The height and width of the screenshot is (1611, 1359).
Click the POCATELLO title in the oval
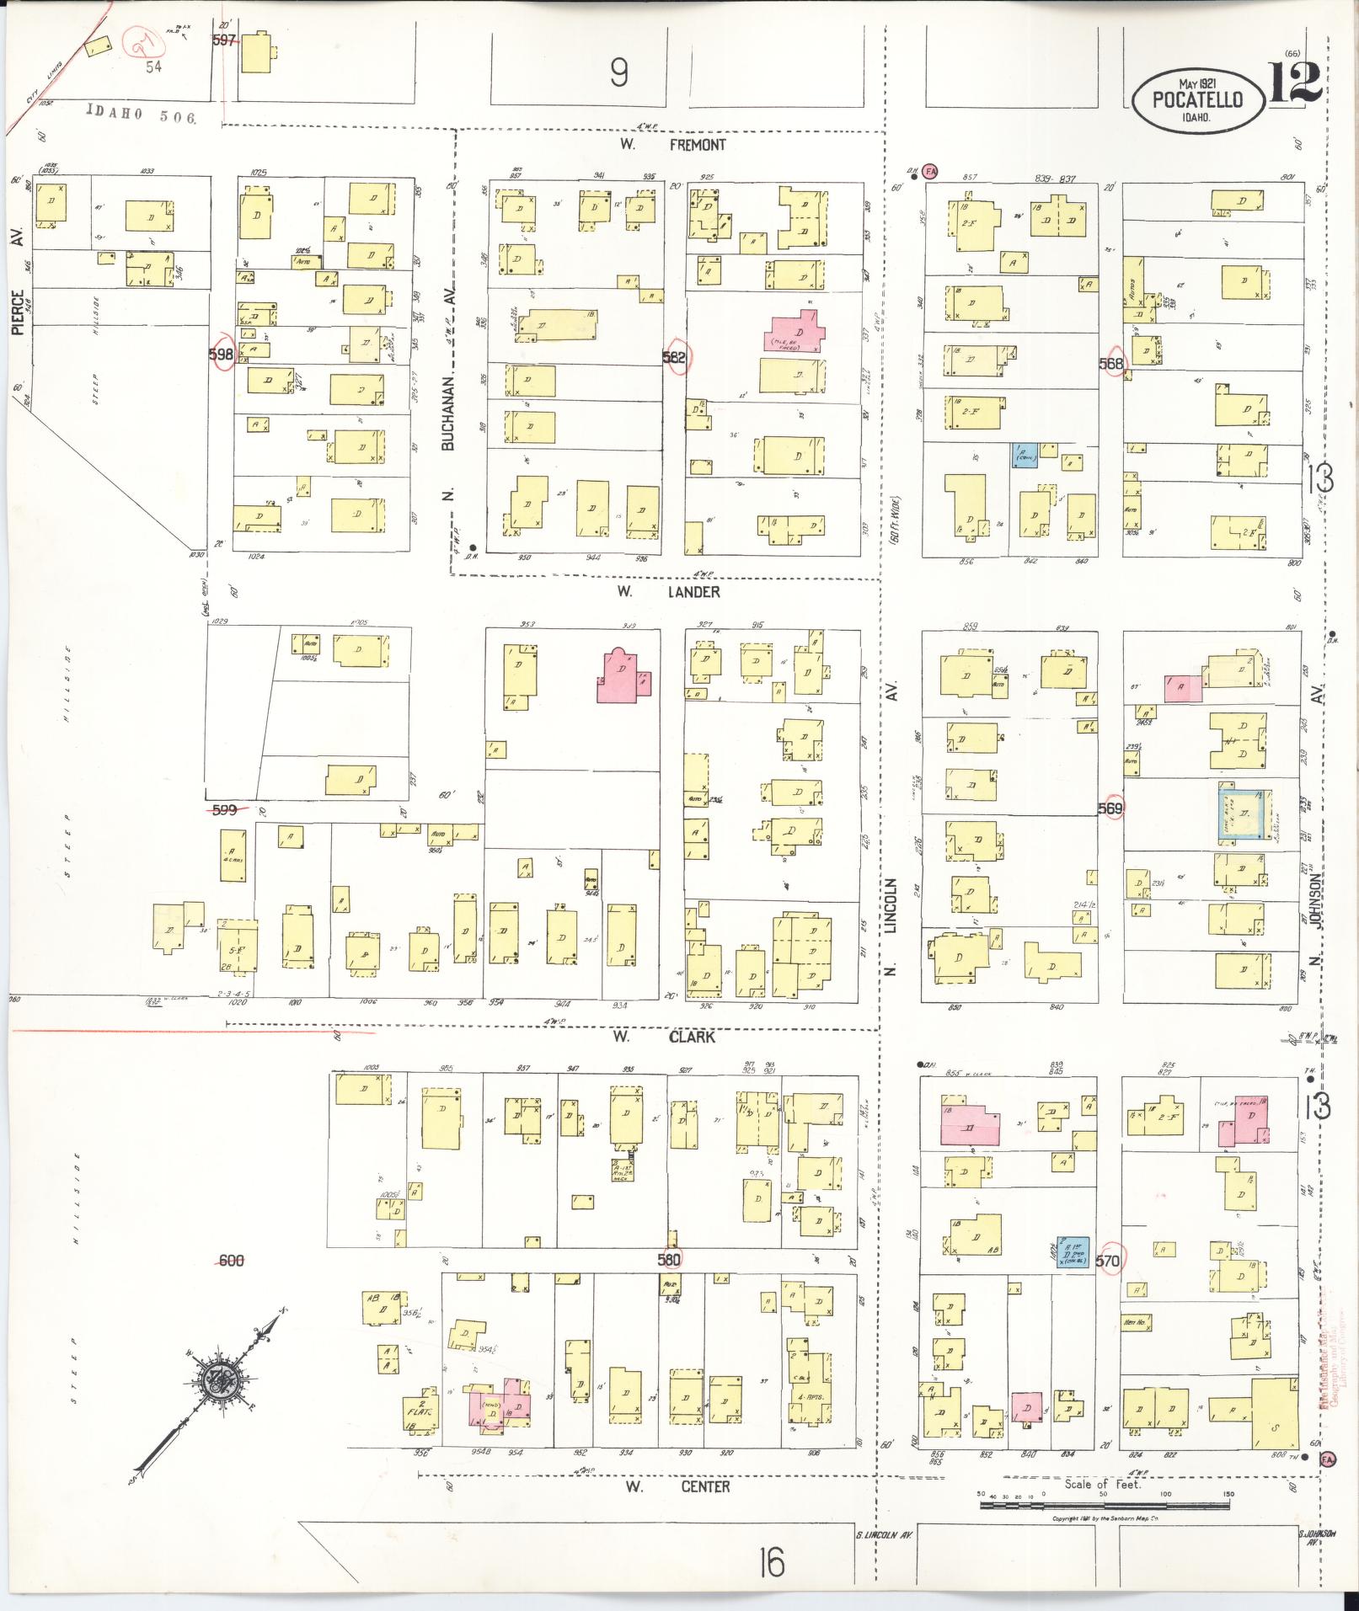point(1198,99)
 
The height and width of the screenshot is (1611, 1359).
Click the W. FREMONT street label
point(673,145)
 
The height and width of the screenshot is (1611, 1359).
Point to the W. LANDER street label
point(668,592)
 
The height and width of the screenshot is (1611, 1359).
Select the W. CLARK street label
point(666,1037)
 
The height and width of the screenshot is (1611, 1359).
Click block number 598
point(221,355)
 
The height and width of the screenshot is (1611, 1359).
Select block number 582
point(674,357)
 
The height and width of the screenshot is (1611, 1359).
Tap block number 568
point(1112,363)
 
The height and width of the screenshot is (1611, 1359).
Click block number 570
point(1109,1261)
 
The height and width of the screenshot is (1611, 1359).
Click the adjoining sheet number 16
point(770,1563)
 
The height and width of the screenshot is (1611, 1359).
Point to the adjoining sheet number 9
point(619,76)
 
